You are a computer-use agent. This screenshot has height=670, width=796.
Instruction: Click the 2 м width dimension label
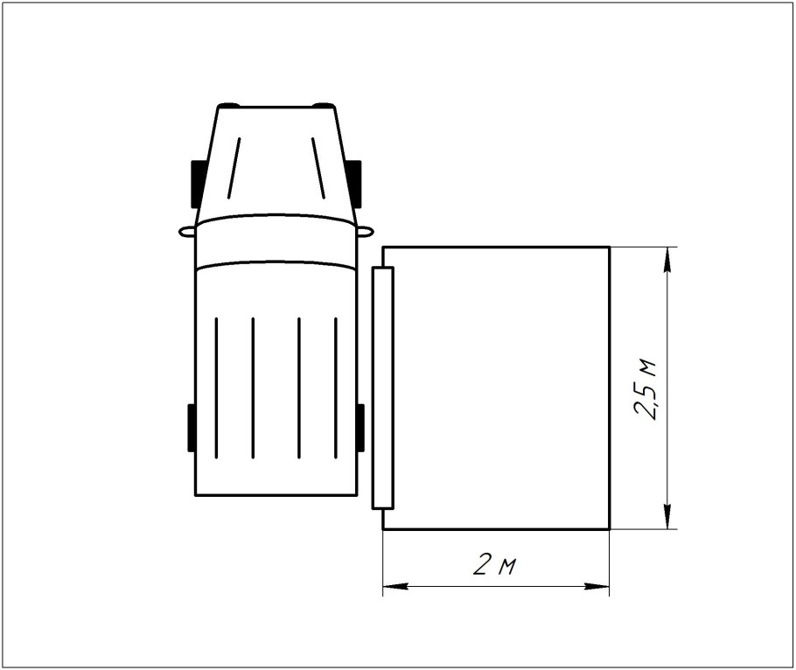click(x=494, y=564)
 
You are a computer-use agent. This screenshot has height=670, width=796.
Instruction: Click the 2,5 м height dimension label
click(x=645, y=389)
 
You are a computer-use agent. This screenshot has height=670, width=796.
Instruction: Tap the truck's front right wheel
click(x=356, y=184)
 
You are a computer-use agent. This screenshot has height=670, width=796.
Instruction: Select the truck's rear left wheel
click(x=192, y=428)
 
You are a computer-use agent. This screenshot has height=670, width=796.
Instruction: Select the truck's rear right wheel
click(x=360, y=428)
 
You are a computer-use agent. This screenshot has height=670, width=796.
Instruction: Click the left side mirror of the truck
click(x=187, y=232)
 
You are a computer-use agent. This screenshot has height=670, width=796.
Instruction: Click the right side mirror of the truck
click(x=366, y=232)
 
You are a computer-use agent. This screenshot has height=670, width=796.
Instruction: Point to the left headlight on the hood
click(x=228, y=105)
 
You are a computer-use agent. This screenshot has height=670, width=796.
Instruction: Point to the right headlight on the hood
click(x=324, y=105)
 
